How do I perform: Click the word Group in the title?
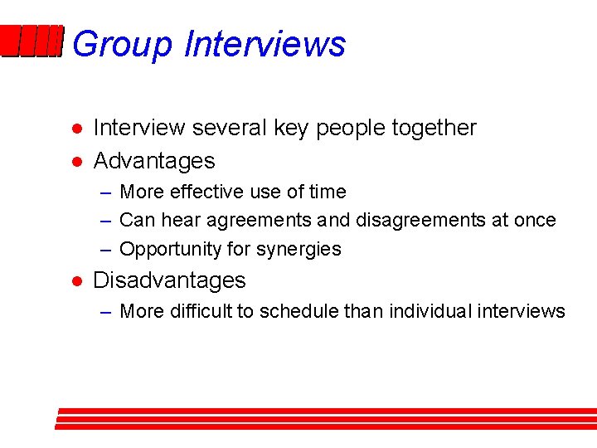click(123, 44)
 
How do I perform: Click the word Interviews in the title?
click(265, 44)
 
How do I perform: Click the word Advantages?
click(154, 161)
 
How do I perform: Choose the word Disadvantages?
click(169, 280)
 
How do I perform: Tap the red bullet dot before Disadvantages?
click(75, 281)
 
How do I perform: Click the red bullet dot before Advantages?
click(75, 162)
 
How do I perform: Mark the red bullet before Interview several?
click(75, 129)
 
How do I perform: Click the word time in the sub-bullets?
click(328, 192)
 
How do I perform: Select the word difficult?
click(202, 311)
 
